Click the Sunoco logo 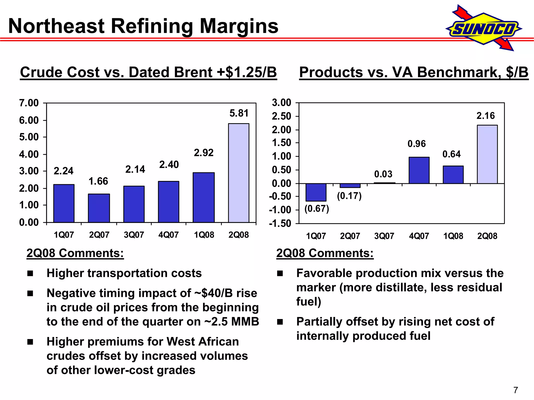pyautogui.click(x=484, y=28)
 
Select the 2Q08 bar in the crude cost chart pyautogui.click(x=239, y=173)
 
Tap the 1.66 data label pyautogui.click(x=98, y=181)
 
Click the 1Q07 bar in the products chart pyautogui.click(x=316, y=192)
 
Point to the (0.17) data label pyautogui.click(x=349, y=196)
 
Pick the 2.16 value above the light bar pyautogui.click(x=486, y=116)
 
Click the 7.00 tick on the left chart pyautogui.click(x=29, y=103)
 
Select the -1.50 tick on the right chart pyautogui.click(x=280, y=223)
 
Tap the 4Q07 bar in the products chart pyautogui.click(x=419, y=170)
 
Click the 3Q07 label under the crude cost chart pyautogui.click(x=134, y=235)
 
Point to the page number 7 pyautogui.click(x=515, y=390)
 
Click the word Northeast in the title pyautogui.click(x=56, y=26)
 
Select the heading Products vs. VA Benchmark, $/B pyautogui.click(x=414, y=72)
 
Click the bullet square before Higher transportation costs pyautogui.click(x=30, y=273)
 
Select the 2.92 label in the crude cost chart pyautogui.click(x=204, y=153)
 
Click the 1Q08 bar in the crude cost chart pyautogui.click(x=204, y=197)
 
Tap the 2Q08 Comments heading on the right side pyautogui.click(x=325, y=253)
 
